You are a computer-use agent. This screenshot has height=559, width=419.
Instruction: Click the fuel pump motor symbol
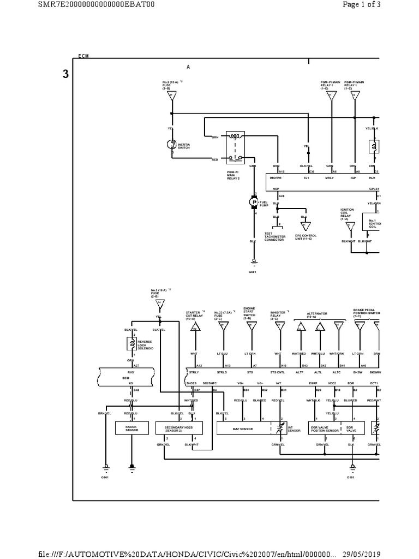(x=254, y=202)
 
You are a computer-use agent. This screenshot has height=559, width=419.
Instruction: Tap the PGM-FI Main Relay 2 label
(x=234, y=175)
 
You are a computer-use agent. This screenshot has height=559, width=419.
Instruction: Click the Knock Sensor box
(x=131, y=429)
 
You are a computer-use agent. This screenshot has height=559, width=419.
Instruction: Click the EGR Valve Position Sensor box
(x=325, y=429)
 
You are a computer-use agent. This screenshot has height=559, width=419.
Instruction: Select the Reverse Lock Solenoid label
(x=145, y=345)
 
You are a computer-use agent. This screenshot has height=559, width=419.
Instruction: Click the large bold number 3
(x=65, y=75)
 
